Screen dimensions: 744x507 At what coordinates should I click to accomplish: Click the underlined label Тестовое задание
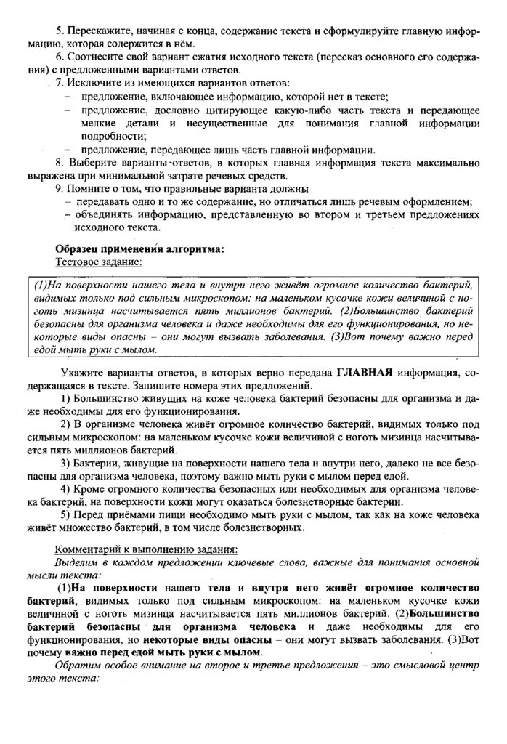pos(100,262)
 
